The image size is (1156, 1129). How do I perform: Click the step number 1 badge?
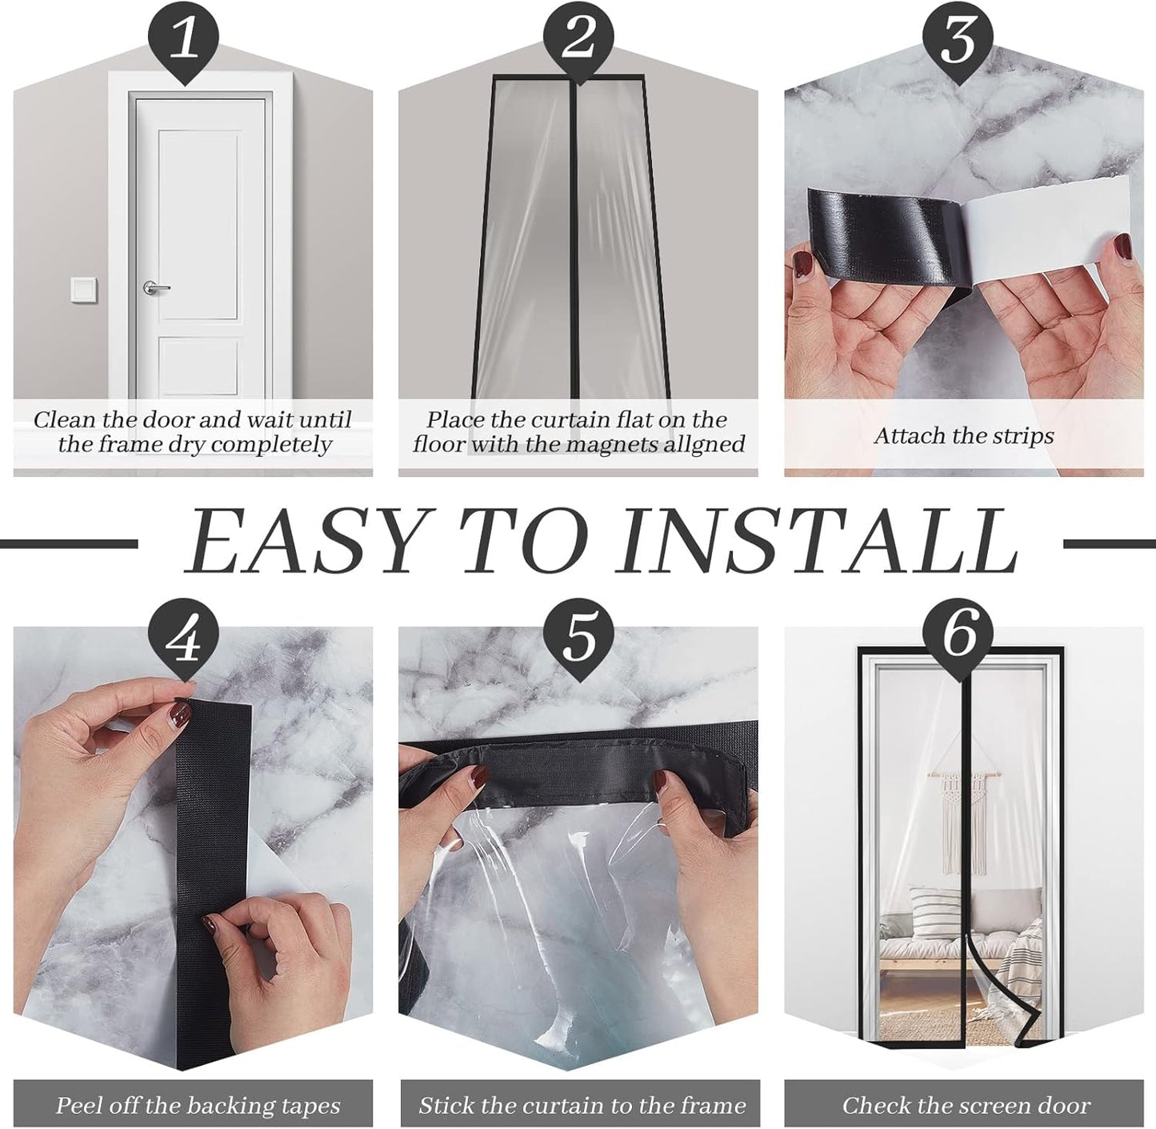[x=186, y=38]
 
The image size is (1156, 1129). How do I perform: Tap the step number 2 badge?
[x=578, y=38]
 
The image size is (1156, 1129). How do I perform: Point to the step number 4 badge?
[x=186, y=638]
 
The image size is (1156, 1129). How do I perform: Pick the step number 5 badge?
[x=578, y=638]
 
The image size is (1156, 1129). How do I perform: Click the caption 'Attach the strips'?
[x=963, y=436]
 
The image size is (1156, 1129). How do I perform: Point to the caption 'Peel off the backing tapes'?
[x=198, y=1106]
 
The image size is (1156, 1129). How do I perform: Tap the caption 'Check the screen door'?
[x=966, y=1106]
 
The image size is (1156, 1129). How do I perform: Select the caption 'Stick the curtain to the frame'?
[x=582, y=1106]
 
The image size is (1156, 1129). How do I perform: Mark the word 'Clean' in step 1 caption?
[x=64, y=420]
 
